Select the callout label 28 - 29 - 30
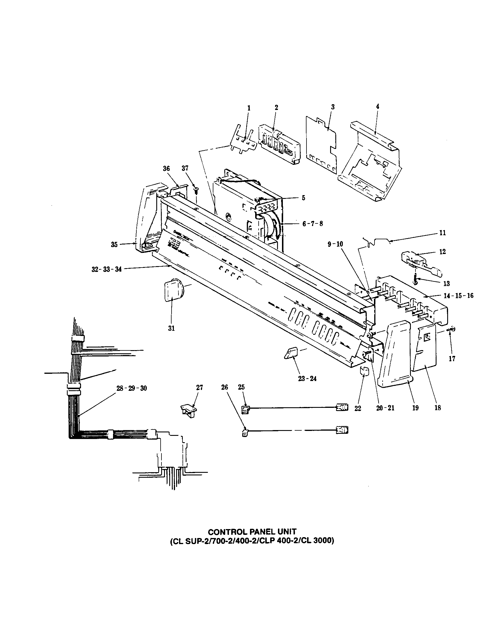[x=131, y=389]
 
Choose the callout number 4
[x=377, y=107]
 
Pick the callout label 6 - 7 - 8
[x=313, y=224]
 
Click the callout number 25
[x=241, y=387]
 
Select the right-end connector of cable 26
[x=342, y=430]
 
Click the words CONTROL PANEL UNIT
[x=252, y=532]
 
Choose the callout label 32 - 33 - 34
[x=106, y=270]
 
